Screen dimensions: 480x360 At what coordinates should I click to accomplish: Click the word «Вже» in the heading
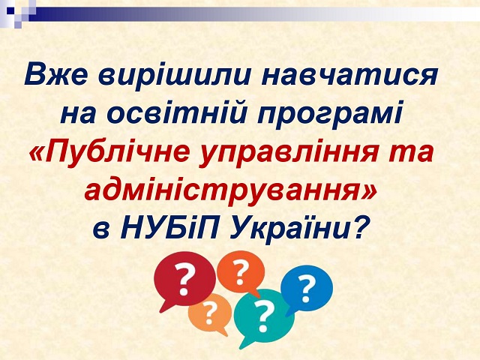(56, 75)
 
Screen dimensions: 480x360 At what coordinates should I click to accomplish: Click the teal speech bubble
(263, 316)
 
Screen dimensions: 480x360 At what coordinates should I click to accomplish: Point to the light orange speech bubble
(210, 313)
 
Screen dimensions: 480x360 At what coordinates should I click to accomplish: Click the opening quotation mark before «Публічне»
(37, 151)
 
